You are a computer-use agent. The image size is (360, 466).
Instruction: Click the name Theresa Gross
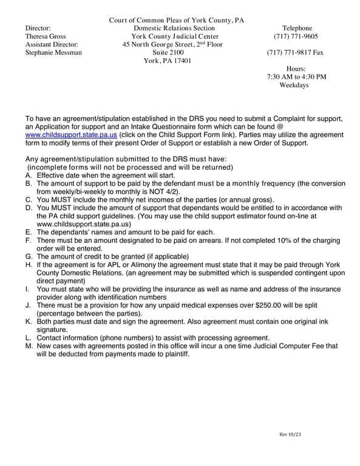pos(46,36)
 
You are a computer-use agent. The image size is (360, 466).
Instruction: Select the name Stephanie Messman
pos(53,53)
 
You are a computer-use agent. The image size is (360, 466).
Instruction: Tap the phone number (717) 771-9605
pos(297,36)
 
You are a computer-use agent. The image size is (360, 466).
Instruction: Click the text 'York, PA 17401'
pos(168,61)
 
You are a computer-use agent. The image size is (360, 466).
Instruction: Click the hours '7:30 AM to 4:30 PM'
pos(296,77)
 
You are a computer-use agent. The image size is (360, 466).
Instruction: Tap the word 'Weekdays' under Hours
pos(294,86)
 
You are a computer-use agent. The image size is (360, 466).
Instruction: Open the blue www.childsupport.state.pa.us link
pos(71,135)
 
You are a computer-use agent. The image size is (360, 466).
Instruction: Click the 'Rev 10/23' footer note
pos(290,434)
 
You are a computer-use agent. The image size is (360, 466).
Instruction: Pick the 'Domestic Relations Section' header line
pos(174,29)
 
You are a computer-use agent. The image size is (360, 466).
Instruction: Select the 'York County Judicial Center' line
pos(175,36)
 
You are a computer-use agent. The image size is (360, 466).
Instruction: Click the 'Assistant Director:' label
pos(52,44)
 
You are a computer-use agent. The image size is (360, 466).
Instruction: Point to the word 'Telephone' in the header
pos(297,29)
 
